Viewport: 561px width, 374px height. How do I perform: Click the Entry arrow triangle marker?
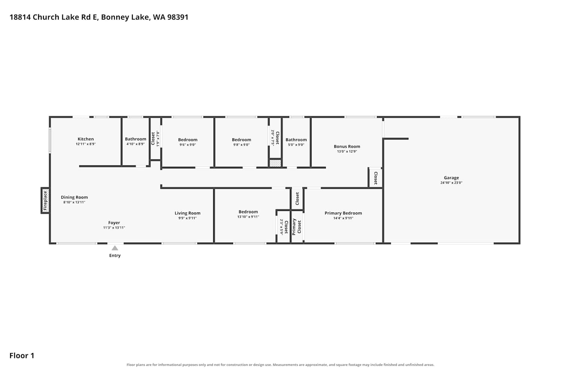tap(115, 248)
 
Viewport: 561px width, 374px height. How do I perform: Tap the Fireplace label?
tap(45, 200)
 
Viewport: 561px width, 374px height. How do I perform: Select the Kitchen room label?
tap(86, 139)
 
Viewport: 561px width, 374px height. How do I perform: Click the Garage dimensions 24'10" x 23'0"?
tap(451, 183)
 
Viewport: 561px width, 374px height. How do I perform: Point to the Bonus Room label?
tap(347, 147)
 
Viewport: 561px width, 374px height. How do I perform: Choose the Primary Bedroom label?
tap(343, 213)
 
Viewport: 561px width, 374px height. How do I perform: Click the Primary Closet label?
tap(297, 227)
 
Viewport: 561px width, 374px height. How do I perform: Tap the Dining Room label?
tap(74, 197)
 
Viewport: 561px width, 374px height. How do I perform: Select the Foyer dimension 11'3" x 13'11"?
tap(114, 228)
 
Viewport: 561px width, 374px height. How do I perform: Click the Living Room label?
tap(188, 213)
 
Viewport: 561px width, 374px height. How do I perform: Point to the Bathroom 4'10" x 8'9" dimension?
tap(135, 144)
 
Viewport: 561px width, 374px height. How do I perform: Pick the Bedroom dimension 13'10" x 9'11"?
tap(248, 217)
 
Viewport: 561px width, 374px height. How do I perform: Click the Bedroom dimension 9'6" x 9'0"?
tap(188, 145)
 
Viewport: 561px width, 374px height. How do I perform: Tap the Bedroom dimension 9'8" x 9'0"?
tap(242, 145)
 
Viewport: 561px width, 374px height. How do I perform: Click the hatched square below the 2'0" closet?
tap(275, 163)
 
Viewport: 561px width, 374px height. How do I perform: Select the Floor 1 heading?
tap(22, 356)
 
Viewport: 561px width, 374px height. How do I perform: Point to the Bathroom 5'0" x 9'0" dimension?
tap(296, 145)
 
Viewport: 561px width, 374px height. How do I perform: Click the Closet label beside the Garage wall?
tap(375, 178)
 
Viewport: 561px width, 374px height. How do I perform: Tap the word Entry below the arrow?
tap(115, 255)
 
